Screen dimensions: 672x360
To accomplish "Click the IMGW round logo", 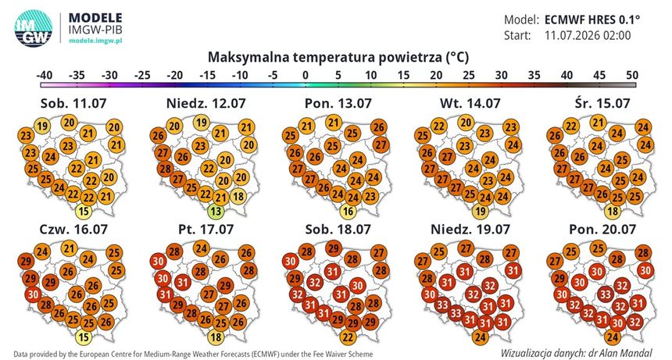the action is coord(34,28).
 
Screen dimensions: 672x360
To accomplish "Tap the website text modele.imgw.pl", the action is coord(95,41).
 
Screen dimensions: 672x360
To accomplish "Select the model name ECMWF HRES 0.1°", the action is coord(592,20).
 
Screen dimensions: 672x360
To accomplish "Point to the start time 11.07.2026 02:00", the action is coord(588,35).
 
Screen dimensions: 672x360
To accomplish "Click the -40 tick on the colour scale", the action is coord(44,75).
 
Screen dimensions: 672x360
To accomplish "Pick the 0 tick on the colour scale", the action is coord(306,75).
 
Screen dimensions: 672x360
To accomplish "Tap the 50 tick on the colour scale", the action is coord(632,75).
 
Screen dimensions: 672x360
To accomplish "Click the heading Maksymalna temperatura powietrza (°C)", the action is coord(338,57).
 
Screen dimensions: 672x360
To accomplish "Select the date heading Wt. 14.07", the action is coord(470,103).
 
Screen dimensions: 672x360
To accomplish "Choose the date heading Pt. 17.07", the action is coord(206,229).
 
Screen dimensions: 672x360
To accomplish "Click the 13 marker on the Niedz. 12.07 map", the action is coord(216,211).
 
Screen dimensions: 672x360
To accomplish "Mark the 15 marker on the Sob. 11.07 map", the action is coord(84,211).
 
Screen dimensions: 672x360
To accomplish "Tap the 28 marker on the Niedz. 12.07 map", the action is coord(166,169).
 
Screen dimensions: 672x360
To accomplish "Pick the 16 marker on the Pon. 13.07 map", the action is coord(348,211).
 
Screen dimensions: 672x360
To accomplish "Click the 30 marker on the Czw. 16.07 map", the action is coord(34,294).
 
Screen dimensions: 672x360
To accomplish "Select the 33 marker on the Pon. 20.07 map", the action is coord(606,294).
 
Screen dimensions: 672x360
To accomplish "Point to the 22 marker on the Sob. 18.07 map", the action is coord(348,337).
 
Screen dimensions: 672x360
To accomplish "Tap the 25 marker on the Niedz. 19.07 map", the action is coord(439,251).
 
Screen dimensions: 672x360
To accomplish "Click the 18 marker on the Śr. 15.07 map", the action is coord(613,211).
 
